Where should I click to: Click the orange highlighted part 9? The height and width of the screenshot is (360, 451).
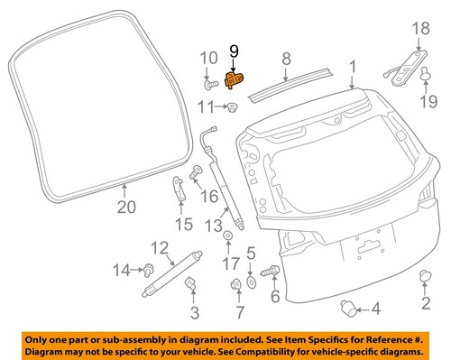pos(234,81)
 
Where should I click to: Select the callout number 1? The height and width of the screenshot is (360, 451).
pos(353,66)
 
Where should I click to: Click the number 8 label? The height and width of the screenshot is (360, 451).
pos(285,60)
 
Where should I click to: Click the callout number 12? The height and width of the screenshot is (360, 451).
pos(160,247)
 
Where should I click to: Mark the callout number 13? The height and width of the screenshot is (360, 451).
pos(214,224)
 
